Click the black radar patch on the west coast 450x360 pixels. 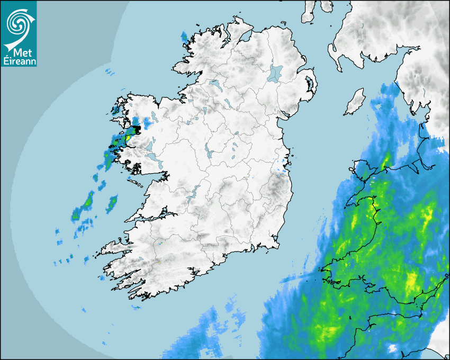(137, 129)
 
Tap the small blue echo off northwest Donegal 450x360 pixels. (184, 37)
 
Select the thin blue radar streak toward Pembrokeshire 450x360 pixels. (300, 277)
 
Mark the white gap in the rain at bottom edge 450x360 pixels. (393, 348)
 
